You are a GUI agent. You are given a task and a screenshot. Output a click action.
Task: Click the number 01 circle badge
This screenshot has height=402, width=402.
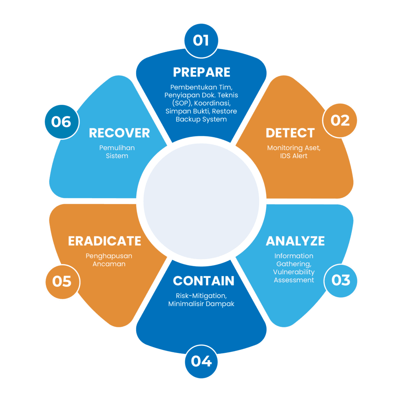201,40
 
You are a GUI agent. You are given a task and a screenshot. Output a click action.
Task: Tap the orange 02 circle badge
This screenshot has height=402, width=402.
340,121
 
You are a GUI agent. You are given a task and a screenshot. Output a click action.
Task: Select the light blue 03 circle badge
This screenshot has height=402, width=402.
341,280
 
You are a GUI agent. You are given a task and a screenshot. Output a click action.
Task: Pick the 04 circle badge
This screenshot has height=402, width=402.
201,362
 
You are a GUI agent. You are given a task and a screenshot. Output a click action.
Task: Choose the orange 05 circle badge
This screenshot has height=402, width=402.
62,282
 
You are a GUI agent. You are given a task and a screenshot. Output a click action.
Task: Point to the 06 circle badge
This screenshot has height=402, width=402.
62,122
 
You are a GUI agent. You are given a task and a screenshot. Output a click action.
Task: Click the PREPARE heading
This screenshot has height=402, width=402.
201,72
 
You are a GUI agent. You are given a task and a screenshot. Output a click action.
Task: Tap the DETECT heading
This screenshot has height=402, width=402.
290,133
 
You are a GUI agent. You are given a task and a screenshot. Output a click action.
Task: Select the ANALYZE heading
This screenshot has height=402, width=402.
295,241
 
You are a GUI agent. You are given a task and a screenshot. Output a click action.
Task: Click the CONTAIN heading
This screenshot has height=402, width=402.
204,281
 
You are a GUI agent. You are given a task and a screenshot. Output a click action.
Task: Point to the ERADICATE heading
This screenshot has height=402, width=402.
104,241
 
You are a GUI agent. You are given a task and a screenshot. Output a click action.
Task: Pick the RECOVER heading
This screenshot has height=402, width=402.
119,133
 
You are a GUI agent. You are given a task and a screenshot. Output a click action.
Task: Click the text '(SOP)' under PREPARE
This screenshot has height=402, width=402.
182,103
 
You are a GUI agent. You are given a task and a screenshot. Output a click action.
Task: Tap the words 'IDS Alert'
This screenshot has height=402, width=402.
294,156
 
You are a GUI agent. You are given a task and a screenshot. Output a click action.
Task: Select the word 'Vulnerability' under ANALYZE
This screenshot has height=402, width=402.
294,272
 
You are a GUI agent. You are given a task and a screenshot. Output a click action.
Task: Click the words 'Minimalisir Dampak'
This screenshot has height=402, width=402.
201,304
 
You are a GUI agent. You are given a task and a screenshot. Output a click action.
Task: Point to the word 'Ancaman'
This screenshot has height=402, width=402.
109,264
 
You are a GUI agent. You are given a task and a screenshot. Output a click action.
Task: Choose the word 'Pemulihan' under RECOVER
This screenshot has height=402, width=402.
117,148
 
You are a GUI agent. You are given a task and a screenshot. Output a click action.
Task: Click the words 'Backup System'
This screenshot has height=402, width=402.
201,119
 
